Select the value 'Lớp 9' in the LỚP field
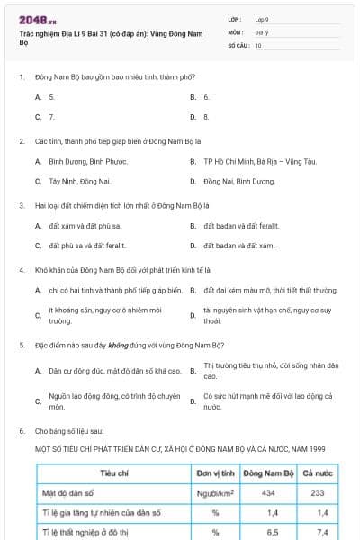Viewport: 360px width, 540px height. point(262,19)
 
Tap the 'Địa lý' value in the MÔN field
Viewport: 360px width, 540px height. point(261,31)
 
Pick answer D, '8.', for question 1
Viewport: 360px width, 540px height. point(206,116)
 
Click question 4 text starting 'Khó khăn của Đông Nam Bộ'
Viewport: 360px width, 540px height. point(122,269)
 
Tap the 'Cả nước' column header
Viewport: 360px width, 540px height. point(317,472)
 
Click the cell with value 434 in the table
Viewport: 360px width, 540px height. point(267,492)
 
